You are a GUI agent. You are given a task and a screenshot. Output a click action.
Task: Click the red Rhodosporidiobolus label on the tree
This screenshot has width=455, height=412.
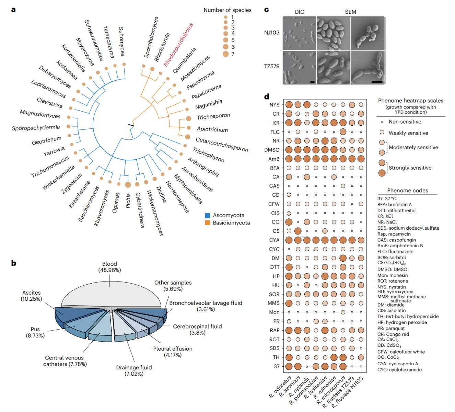click(178, 45)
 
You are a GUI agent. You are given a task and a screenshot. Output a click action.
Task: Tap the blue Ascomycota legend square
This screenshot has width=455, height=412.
click(208, 216)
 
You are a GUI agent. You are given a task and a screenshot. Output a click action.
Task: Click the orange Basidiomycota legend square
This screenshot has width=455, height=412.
click(208, 223)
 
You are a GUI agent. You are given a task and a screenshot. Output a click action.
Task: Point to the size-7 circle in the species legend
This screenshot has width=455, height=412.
click(225, 54)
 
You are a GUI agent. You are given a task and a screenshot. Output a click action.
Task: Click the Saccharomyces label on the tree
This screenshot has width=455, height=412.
click(89, 204)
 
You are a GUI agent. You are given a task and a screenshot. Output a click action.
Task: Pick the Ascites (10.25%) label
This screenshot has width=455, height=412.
click(31, 296)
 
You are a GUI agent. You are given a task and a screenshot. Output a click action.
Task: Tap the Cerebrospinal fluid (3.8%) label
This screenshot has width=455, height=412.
click(197, 329)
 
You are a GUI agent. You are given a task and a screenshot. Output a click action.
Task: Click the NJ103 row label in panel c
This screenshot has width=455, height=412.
click(272, 33)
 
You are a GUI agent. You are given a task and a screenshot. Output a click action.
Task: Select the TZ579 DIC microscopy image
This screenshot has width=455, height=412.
click(299, 67)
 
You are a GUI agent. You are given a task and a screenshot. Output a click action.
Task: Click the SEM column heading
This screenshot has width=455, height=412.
click(350, 12)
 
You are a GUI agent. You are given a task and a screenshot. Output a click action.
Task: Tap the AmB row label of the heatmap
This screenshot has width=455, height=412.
click(274, 159)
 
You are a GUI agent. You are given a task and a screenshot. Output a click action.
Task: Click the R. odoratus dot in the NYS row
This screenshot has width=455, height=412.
click(289, 105)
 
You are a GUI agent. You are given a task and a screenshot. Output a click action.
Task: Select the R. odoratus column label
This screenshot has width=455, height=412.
click(280, 387)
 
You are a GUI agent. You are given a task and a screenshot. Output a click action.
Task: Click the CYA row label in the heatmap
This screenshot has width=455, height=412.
click(274, 240)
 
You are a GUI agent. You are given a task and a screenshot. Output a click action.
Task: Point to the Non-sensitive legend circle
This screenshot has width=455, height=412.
click(382, 122)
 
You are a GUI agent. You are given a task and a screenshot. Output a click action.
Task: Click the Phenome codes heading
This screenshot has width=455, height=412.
click(407, 191)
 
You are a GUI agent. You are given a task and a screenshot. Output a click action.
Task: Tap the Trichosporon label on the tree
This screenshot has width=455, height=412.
click(213, 116)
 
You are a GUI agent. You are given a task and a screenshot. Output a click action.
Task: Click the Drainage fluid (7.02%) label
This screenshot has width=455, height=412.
click(134, 370)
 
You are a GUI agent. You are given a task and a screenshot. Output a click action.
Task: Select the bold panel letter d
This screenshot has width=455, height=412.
click(267, 97)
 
